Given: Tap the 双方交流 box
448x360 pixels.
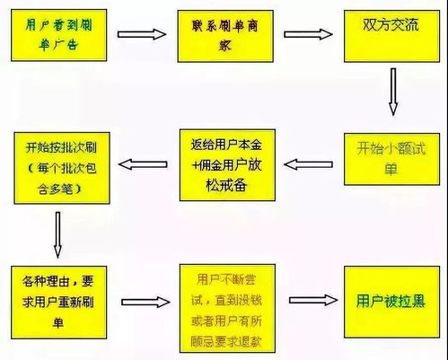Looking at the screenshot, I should (x=387, y=33).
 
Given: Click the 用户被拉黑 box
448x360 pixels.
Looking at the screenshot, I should (x=388, y=300).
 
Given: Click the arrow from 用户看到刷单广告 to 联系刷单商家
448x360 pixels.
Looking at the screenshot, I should (x=143, y=36).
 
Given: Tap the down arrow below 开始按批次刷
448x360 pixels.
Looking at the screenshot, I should (x=57, y=233).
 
